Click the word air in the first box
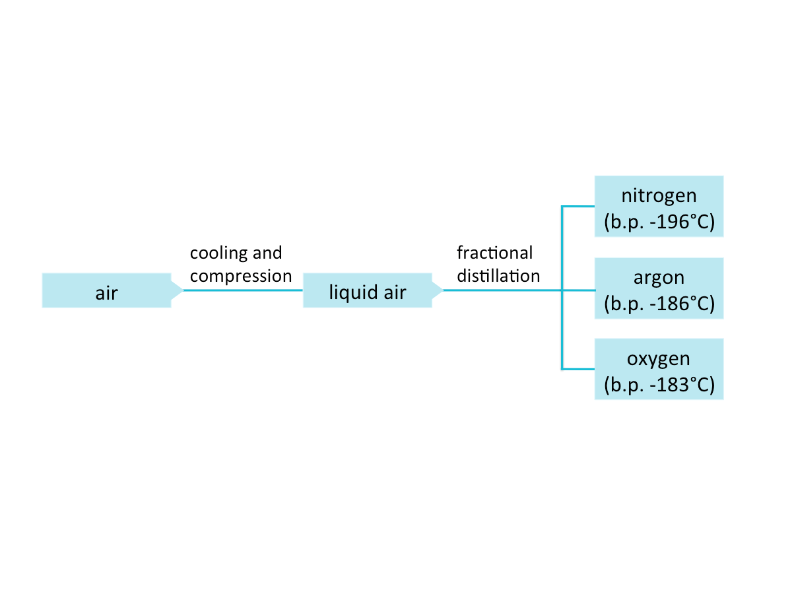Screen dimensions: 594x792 point(106,293)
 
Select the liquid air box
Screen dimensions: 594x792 point(367,290)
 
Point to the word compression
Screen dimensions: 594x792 point(241,276)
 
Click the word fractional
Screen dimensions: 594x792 point(494,253)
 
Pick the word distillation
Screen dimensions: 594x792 point(498,276)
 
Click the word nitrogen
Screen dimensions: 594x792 point(659,195)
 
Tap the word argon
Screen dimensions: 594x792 point(659,277)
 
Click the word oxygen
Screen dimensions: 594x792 point(659,358)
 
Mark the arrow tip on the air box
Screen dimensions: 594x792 point(179,290)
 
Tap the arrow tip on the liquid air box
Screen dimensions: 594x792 point(440,290)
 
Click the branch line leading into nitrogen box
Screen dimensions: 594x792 point(577,207)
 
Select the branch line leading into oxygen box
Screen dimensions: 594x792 point(577,368)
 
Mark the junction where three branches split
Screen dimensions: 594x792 point(561,290)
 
